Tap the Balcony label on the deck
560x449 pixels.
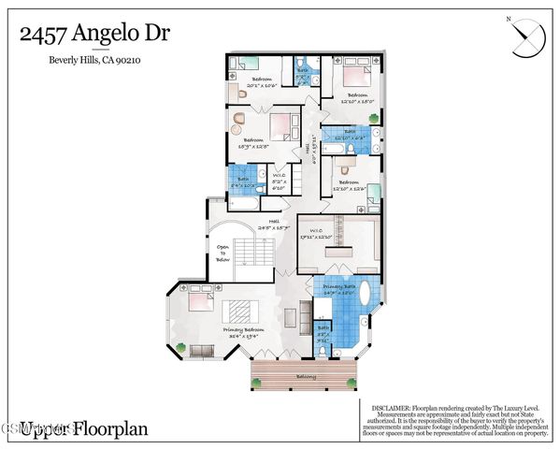coord(306,376)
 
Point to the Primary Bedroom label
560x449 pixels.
coord(243,331)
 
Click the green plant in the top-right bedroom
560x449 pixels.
coord(375,119)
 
